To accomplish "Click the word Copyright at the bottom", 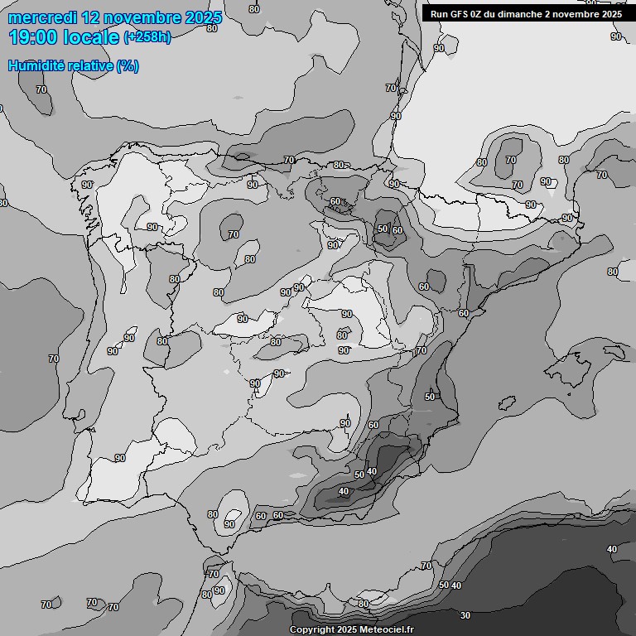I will click(311, 630).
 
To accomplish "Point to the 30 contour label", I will click(465, 615).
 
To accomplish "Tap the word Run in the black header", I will click(438, 14).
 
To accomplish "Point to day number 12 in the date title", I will click(91, 17).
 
